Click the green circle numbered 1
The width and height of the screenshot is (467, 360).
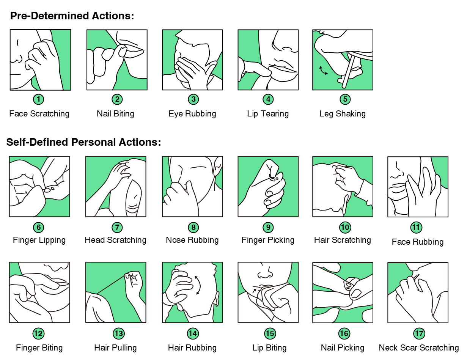click(38, 99)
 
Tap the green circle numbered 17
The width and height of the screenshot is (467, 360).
click(419, 333)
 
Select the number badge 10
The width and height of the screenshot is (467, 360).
click(345, 228)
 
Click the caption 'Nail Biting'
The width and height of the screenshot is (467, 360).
click(115, 114)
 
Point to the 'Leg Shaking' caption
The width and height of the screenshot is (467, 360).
click(342, 114)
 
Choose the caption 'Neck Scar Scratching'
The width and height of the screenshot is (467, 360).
click(419, 348)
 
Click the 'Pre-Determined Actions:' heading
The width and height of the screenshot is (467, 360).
click(72, 16)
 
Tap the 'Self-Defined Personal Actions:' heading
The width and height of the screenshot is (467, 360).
click(83, 142)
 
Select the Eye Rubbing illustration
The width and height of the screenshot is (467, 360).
click(192, 60)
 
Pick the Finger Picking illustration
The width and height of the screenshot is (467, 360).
click(268, 186)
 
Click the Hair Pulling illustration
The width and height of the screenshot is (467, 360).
click(116, 292)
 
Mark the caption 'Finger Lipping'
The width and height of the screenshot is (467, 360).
click(39, 240)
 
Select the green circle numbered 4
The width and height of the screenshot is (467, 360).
click(268, 99)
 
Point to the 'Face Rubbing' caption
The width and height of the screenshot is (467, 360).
click(418, 242)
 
